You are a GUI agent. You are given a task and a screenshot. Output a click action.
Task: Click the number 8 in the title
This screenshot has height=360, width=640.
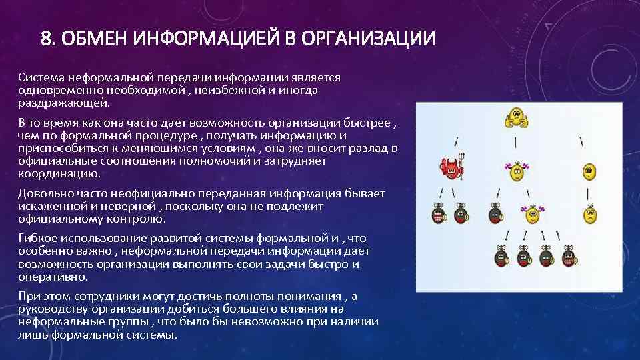46,39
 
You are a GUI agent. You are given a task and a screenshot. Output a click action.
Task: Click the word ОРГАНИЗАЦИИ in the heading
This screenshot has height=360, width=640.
370,39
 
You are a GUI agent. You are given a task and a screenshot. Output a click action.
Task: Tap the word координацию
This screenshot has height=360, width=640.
59,173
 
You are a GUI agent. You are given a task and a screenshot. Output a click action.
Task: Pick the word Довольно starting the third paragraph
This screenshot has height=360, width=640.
44,194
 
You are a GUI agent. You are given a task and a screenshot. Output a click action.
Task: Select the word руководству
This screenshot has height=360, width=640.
52,309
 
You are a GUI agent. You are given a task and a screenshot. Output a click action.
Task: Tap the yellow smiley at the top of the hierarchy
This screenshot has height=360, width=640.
515,120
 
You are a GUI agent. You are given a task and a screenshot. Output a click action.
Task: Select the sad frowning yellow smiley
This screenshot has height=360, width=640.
589,215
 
